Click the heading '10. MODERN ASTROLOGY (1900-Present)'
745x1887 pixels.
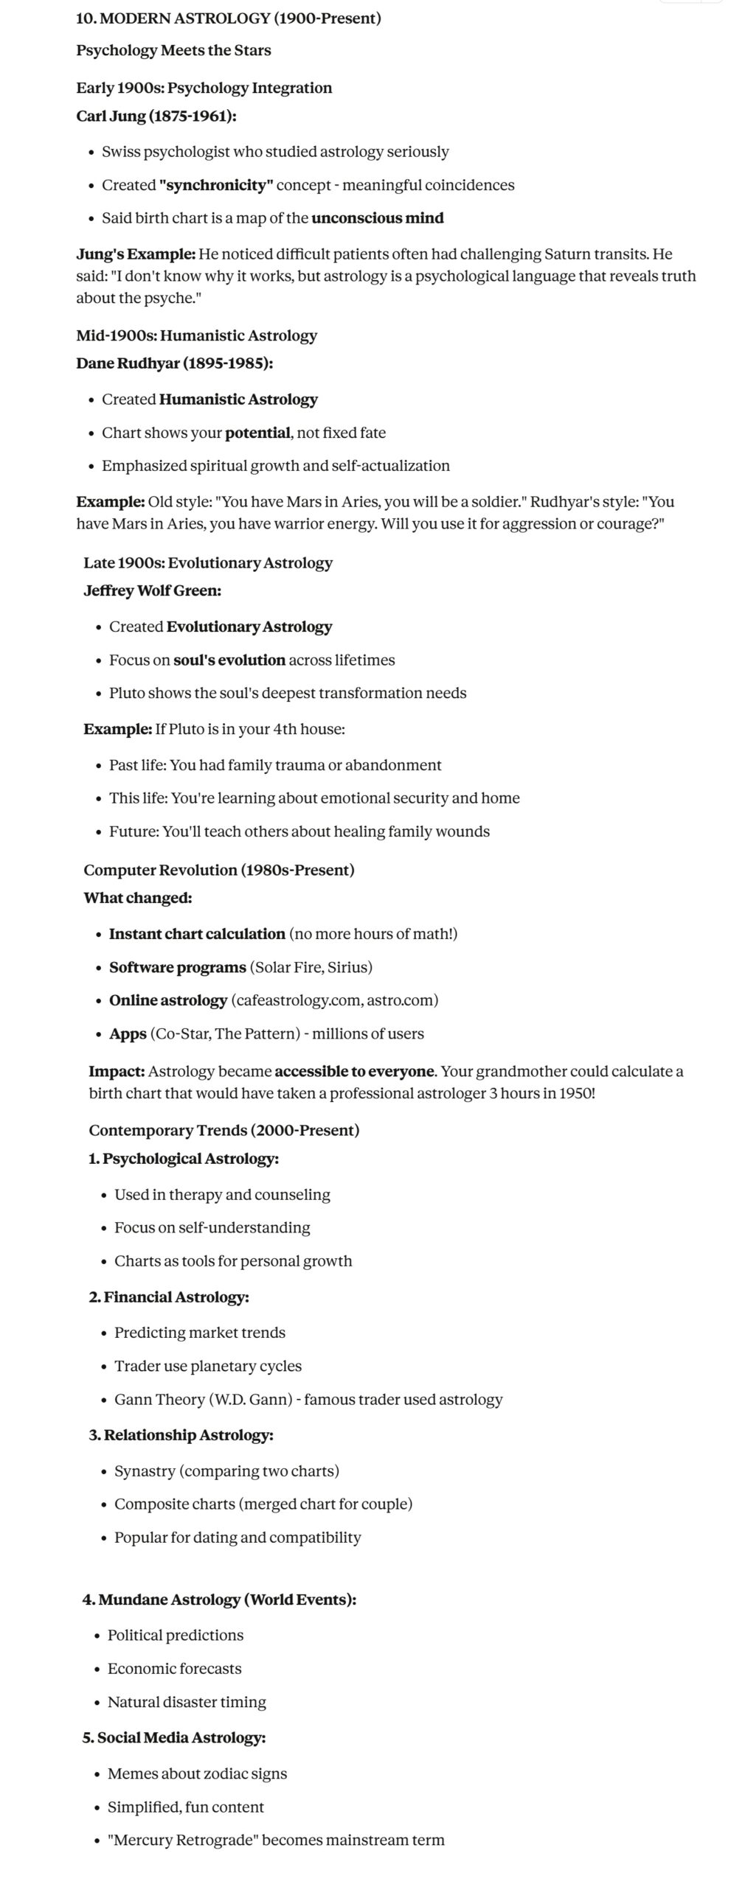tap(229, 18)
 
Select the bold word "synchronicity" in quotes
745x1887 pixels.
tap(216, 185)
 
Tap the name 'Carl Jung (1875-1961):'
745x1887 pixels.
tap(156, 116)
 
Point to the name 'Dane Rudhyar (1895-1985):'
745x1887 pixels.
tap(175, 363)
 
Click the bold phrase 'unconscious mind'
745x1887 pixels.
tap(377, 218)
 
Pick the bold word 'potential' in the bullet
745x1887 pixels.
tap(257, 433)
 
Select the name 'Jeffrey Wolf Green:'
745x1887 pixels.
tap(152, 590)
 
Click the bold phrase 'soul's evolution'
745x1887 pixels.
tap(229, 660)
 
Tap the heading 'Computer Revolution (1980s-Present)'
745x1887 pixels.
tap(219, 870)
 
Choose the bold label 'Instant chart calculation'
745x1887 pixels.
tap(197, 934)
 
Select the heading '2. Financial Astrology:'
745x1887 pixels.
tap(169, 1297)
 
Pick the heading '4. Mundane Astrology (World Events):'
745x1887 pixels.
tap(219, 1600)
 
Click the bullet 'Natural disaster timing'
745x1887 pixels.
tap(187, 1701)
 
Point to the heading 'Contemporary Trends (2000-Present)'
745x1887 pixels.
tap(224, 1130)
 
